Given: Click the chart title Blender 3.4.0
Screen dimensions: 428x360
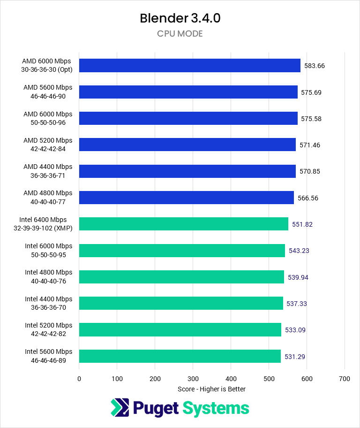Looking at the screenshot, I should pos(180,18).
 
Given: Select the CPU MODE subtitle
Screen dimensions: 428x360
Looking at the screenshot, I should pos(180,34).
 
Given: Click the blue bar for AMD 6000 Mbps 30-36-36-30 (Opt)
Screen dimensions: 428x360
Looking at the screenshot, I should pos(189,66).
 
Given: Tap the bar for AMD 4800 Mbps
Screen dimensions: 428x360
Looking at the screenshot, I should pos(186,198).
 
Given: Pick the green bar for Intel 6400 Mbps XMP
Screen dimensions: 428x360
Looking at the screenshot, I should pos(183,224).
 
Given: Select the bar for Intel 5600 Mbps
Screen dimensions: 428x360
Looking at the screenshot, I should pos(180,356).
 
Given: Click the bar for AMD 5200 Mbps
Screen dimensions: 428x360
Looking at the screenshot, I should pos(187,145).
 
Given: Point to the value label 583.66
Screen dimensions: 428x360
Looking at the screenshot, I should pos(315,66).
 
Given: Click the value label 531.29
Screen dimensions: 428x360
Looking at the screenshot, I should pos(295,357).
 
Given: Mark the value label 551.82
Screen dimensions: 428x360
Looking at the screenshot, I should pos(302,224).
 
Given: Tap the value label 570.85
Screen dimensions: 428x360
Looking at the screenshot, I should pos(310,171).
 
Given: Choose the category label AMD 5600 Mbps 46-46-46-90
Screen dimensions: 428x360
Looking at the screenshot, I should pos(48,92).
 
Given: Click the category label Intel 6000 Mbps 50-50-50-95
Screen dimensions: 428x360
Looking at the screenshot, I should pos(49,250).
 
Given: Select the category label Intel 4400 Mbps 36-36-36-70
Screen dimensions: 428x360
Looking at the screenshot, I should pos(49,303).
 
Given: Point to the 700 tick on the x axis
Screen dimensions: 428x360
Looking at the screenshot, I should pos(345,378).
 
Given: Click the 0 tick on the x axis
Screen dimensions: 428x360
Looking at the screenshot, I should pos(79,378).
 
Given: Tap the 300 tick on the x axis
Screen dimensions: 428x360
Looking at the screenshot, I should pos(193,378).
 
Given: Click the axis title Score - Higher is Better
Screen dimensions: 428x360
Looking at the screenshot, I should pos(211,389).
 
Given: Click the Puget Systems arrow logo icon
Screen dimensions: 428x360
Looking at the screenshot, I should pos(119,408).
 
